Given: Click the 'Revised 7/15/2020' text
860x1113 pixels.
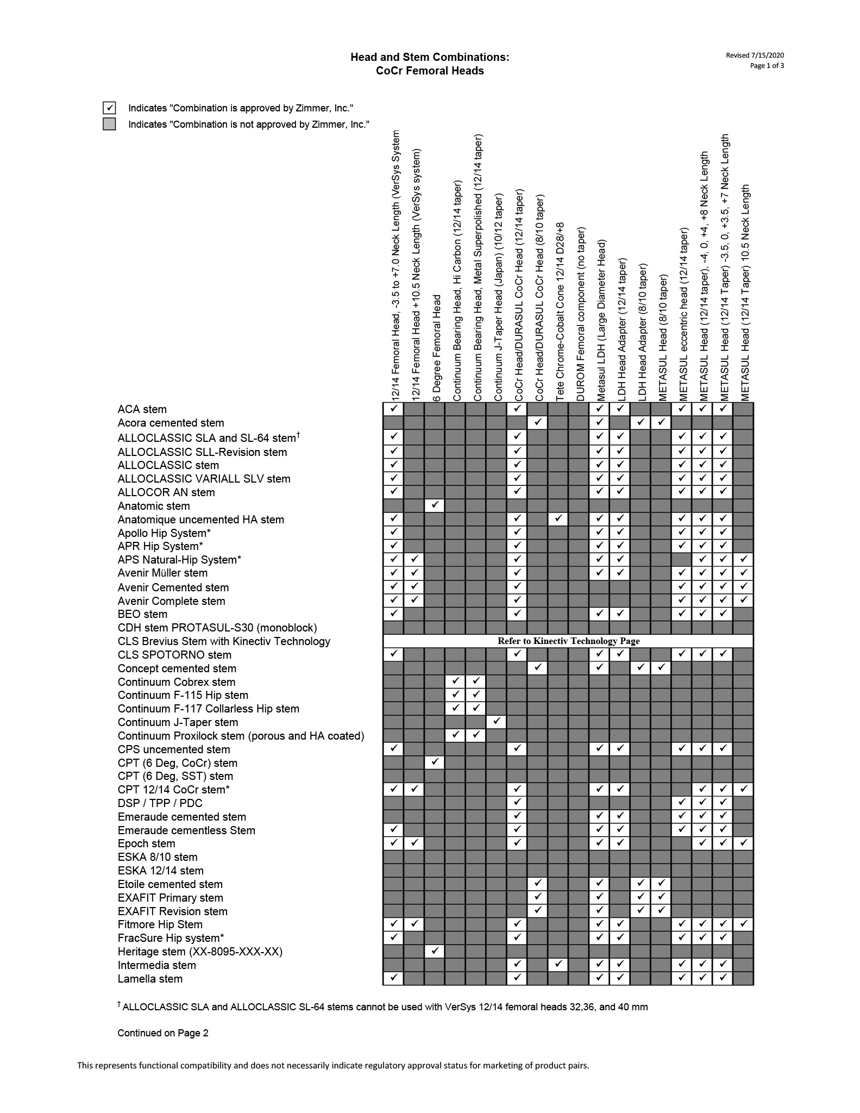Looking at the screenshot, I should click(755, 55).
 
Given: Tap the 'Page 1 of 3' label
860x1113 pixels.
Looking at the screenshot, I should click(767, 66).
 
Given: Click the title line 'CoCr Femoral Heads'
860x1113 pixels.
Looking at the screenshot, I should click(430, 71).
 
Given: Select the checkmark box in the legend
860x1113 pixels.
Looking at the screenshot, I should click(109, 108).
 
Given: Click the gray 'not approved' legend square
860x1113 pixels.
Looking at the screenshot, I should click(109, 124).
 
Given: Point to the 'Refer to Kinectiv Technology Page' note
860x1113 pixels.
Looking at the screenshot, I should click(568, 641).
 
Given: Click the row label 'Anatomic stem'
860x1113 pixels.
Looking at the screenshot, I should click(154, 506).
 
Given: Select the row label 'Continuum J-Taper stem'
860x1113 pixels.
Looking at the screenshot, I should click(178, 722).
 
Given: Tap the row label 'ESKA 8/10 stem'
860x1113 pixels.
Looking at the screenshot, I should click(158, 857).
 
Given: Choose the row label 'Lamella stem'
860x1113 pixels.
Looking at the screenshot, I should click(150, 979).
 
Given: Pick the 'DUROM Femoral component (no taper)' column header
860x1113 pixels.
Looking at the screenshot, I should click(581, 315).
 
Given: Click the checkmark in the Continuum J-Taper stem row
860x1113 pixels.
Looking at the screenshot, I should click(497, 722).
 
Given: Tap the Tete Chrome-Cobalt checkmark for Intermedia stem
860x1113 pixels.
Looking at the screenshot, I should click(558, 965).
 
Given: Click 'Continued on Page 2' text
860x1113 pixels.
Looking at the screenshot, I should click(163, 1033).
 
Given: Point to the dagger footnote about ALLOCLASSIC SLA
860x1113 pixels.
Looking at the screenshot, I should click(382, 1006).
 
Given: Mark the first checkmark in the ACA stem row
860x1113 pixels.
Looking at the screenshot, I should click(393, 409).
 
